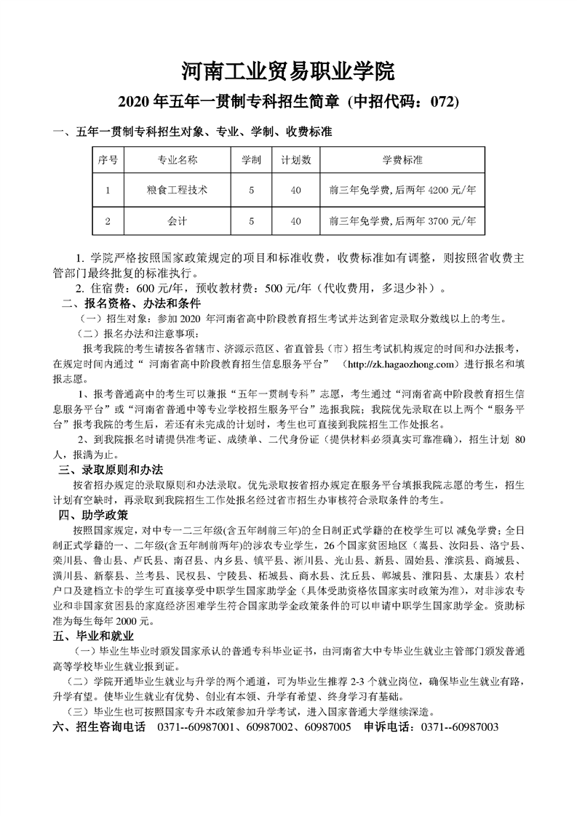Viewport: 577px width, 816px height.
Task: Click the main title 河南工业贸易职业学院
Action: [x=287, y=71]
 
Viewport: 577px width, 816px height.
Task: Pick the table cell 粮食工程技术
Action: [x=177, y=190]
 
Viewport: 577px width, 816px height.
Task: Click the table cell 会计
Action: [x=177, y=220]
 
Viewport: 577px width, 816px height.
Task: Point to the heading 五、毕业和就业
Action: [x=93, y=636]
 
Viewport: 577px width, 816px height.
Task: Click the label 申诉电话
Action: [x=390, y=727]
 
